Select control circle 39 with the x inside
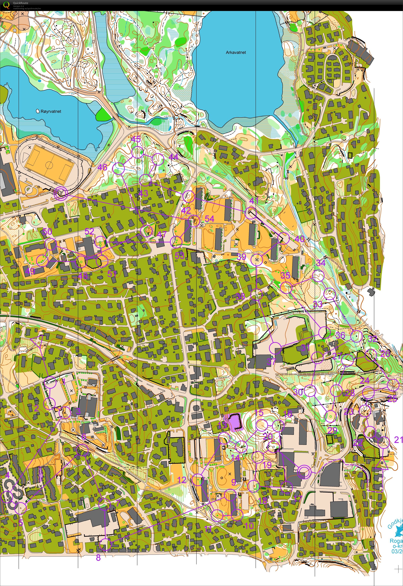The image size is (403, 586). coord(257,260)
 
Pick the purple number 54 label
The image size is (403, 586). coord(210,219)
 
